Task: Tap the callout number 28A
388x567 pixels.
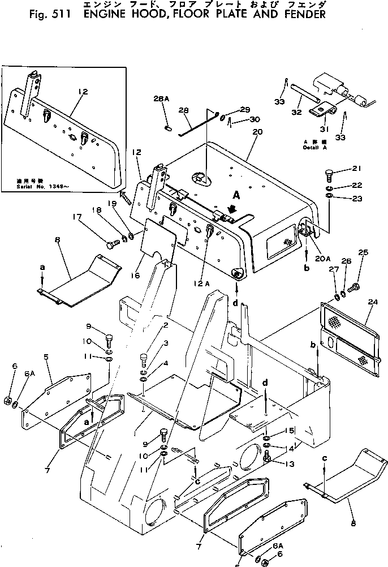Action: tap(161, 98)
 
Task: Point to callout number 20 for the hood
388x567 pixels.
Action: tap(258, 132)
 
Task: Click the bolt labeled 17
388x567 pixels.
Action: tap(111, 244)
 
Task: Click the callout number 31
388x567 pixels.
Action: tap(324, 129)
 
